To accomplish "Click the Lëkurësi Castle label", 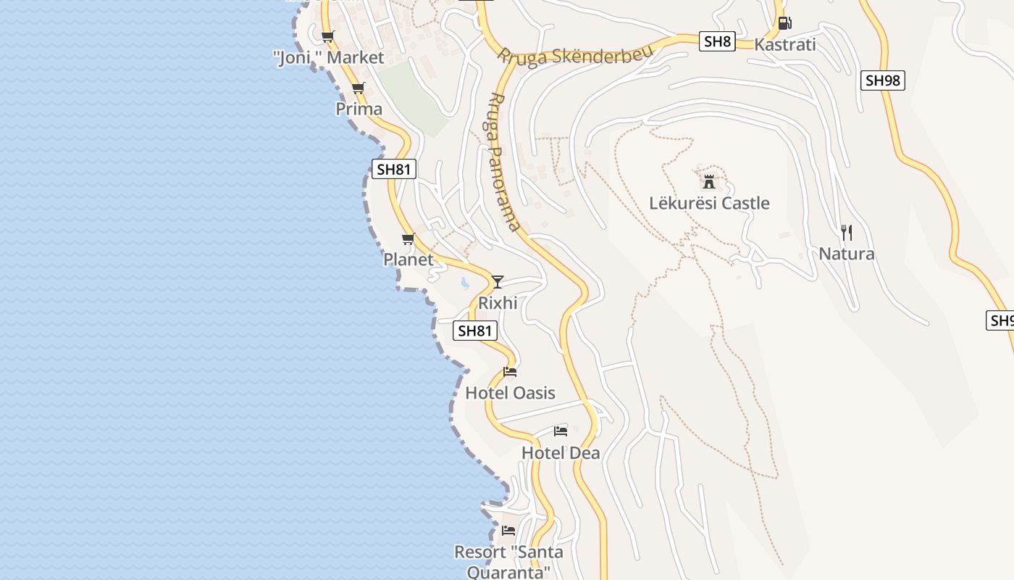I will [709, 203].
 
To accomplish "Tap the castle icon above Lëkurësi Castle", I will [709, 181].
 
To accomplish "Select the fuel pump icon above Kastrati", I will [784, 22].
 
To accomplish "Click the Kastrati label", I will [784, 44].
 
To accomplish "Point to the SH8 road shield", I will [717, 41].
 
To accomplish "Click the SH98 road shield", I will [883, 80].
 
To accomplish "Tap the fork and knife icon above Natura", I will [846, 232].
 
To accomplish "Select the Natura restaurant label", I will [846, 254].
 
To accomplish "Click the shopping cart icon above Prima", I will [358, 88].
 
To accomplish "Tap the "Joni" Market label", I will [329, 58].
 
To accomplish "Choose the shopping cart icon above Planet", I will [408, 239].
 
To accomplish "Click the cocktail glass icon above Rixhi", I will [497, 281].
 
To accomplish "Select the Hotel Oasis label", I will [510, 393].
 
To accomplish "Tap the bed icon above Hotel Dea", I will [561, 431].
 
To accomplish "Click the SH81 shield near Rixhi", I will [475, 331].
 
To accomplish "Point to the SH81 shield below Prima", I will [394, 170].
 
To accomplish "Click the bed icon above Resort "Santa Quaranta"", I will [508, 531].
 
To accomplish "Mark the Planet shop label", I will [408, 260].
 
